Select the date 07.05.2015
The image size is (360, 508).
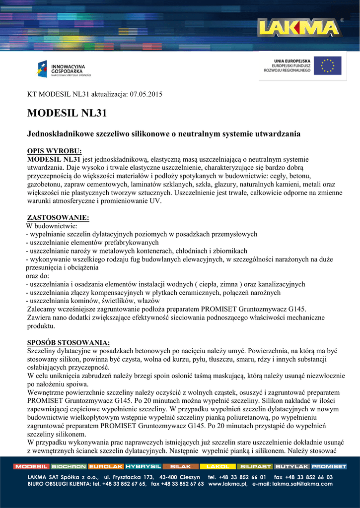coord(146,94)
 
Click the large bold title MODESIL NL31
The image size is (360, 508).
coord(67,113)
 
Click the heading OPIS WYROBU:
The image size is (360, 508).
coord(54,151)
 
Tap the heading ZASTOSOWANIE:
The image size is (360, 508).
coord(58,217)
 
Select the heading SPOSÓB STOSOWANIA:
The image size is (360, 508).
coord(68,343)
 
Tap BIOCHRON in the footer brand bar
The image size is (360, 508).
coord(69,466)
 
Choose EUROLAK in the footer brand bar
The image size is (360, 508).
coord(106,466)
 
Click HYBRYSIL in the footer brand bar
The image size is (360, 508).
coord(143,466)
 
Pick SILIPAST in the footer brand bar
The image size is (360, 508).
coord(255,466)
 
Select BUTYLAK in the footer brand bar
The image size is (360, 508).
coord(292,466)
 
